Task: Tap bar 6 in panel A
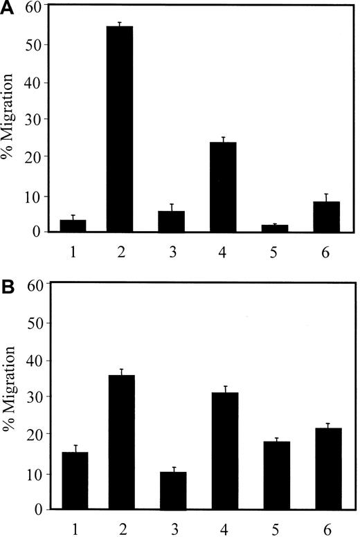[326, 217]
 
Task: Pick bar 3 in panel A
[170, 221]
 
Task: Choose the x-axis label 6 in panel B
[326, 526]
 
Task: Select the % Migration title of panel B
[10, 401]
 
